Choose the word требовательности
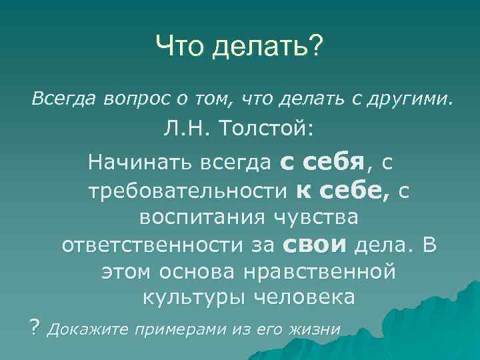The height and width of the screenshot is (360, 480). [x=187, y=191]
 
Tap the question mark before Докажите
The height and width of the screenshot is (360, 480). [x=35, y=327]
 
